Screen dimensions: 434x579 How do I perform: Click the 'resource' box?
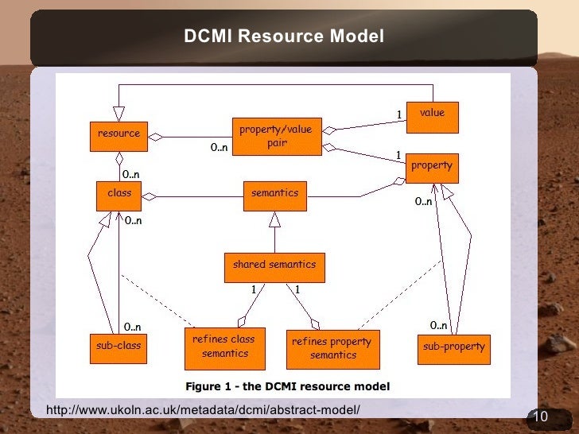click(119, 134)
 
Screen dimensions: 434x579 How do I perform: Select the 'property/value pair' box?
click(276, 137)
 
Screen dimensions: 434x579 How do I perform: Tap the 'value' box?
click(433, 116)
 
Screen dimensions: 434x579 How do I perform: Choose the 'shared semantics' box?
click(274, 266)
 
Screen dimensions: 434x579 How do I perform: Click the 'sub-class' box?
click(119, 347)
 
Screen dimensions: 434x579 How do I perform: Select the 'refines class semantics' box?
click(223, 347)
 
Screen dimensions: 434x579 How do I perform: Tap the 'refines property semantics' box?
click(332, 349)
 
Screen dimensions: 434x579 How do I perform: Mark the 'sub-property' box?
click(453, 348)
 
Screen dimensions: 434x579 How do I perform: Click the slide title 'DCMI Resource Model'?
click(284, 37)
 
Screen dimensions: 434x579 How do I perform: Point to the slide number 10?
click(540, 418)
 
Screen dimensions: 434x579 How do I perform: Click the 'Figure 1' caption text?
click(287, 387)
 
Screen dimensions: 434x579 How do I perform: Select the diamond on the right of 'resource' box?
click(157, 137)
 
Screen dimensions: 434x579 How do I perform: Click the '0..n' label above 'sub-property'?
click(438, 325)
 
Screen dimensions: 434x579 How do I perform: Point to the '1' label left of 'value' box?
click(399, 116)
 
